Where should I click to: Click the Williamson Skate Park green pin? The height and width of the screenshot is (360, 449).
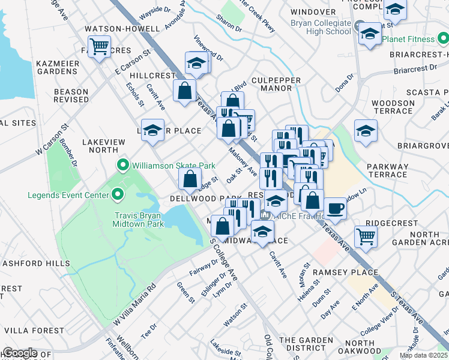(x=124, y=164)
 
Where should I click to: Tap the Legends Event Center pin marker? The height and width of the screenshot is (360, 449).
(x=118, y=195)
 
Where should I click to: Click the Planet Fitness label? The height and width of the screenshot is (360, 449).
(x=409, y=39)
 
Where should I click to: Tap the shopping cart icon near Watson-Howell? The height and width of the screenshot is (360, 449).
(x=100, y=46)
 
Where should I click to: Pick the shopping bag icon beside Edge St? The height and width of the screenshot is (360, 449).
(x=190, y=178)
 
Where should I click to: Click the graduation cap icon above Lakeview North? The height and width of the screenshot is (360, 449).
(x=152, y=130)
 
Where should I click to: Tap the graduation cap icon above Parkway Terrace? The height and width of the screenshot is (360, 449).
(x=366, y=131)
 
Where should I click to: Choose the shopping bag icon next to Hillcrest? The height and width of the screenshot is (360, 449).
(x=184, y=91)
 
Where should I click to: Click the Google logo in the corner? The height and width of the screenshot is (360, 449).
(x=19, y=353)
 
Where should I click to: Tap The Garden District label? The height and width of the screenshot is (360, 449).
(x=306, y=343)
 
